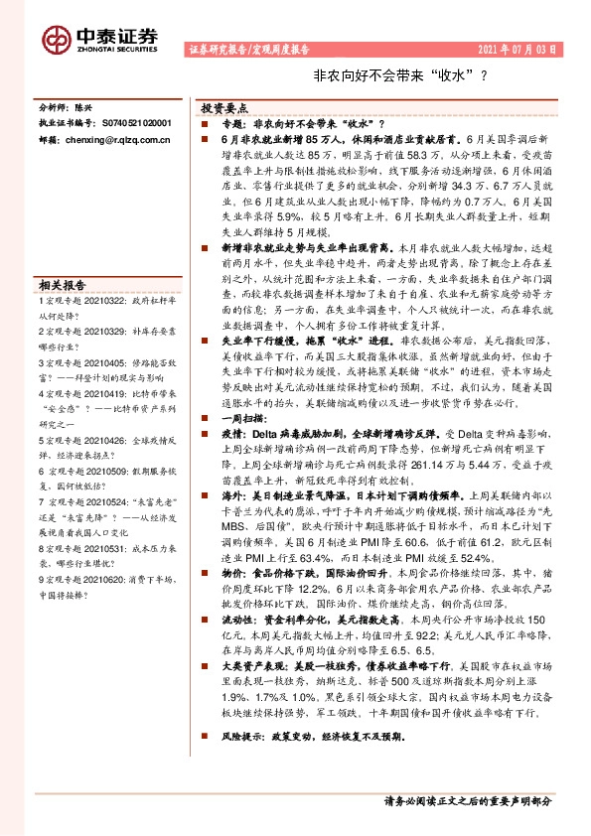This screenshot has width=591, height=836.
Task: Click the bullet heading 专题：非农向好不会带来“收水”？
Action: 303,122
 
